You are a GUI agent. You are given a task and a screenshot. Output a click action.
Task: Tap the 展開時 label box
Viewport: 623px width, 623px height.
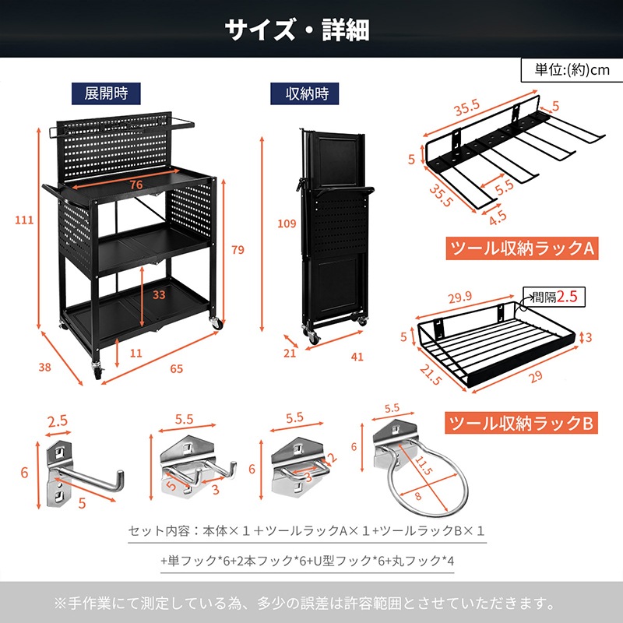pyautogui.click(x=106, y=93)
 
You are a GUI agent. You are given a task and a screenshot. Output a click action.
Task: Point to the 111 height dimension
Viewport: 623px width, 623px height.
pyautogui.click(x=24, y=220)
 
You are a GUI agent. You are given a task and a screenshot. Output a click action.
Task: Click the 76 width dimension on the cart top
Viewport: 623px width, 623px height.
pyautogui.click(x=136, y=184)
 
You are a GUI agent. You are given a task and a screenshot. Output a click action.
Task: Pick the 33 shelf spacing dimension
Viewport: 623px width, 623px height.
pyautogui.click(x=158, y=295)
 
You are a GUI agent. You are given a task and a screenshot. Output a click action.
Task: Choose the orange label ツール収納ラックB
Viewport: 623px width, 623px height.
pyautogui.click(x=523, y=423)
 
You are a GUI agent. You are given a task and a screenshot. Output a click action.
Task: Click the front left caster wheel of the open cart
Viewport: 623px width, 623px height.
pyautogui.click(x=97, y=372)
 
